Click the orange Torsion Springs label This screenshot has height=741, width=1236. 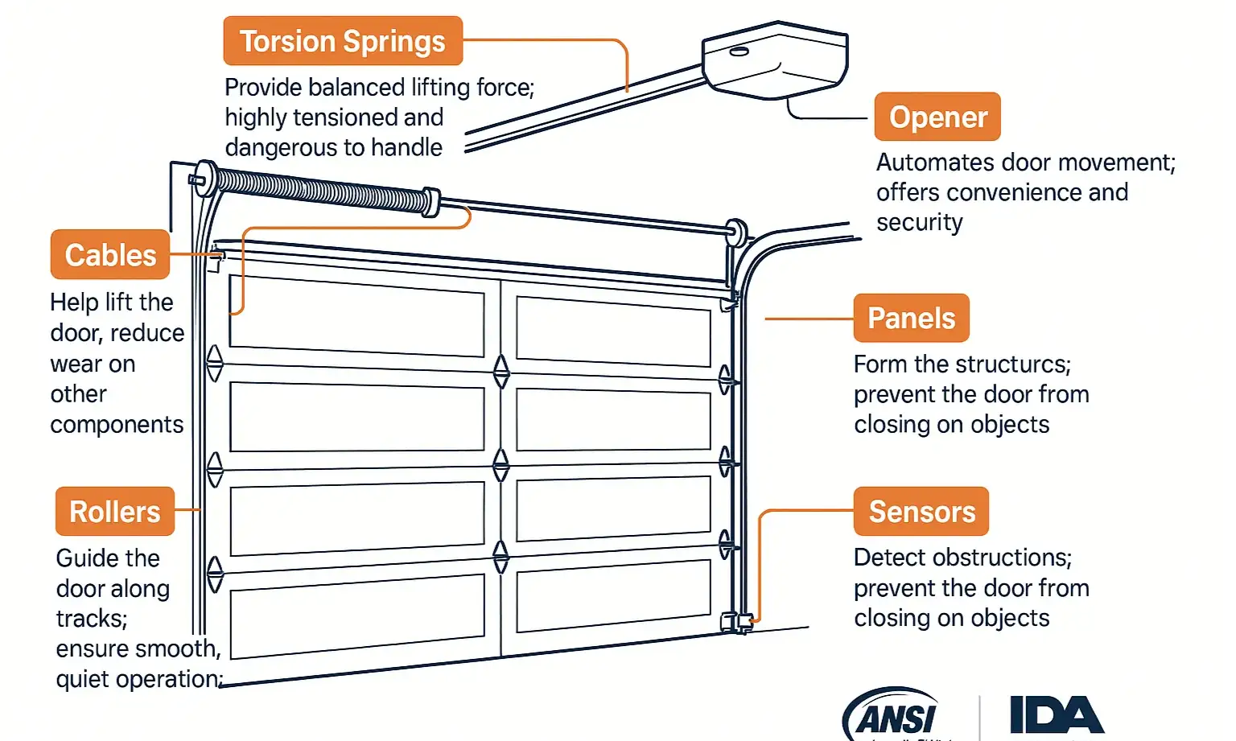[343, 41]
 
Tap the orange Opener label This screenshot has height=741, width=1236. [937, 117]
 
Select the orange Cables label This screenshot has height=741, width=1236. [110, 255]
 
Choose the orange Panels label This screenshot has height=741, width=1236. [911, 319]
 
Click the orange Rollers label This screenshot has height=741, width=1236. [115, 512]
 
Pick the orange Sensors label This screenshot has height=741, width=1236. [921, 512]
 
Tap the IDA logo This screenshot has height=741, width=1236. [1057, 715]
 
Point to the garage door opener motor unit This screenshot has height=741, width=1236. [775, 60]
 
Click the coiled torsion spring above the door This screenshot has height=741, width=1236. [322, 190]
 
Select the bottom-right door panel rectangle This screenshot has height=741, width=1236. [613, 596]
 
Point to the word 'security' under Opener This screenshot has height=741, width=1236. [919, 223]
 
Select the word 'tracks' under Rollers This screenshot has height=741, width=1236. [91, 619]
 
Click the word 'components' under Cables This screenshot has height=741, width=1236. [117, 425]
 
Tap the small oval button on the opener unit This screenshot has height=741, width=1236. [739, 52]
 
